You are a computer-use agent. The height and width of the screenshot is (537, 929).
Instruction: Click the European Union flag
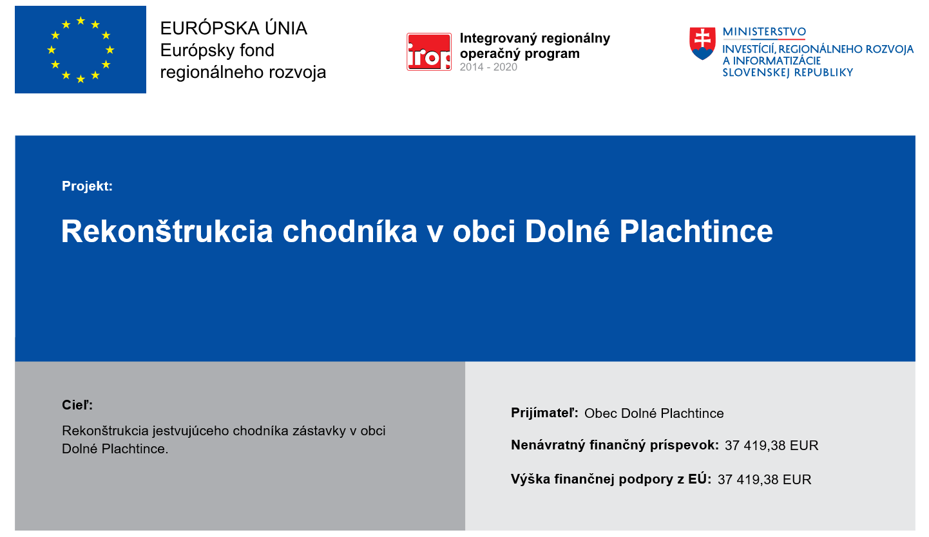[81, 50]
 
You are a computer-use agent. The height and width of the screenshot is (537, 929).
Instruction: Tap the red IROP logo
[429, 52]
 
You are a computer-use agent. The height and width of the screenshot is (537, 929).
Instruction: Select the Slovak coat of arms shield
[702, 44]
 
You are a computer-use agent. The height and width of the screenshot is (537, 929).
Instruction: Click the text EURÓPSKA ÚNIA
[233, 28]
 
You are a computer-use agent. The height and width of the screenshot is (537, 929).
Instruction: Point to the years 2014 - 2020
[488, 67]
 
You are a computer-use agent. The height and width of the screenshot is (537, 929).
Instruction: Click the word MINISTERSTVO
[764, 32]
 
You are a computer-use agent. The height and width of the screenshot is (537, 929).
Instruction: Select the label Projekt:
[87, 186]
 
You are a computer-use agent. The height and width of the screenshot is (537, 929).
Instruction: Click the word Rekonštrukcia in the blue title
[167, 231]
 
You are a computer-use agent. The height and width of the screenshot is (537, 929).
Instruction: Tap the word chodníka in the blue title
[350, 231]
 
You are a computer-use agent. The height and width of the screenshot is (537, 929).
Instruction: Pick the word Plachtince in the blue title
[696, 231]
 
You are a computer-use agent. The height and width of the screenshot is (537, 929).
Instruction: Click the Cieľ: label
[77, 405]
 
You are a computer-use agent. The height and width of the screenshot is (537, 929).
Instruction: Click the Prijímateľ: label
[544, 413]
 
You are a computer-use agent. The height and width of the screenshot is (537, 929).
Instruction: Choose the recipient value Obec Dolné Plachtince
[654, 413]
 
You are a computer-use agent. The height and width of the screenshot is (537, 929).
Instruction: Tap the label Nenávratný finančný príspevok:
[615, 445]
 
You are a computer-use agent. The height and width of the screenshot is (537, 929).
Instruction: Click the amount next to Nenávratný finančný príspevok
[771, 446]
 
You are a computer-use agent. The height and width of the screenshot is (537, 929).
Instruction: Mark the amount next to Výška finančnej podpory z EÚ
[764, 480]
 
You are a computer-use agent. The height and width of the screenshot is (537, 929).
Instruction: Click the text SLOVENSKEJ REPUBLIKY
[787, 73]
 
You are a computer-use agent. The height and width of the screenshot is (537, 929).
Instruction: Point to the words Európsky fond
[217, 51]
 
